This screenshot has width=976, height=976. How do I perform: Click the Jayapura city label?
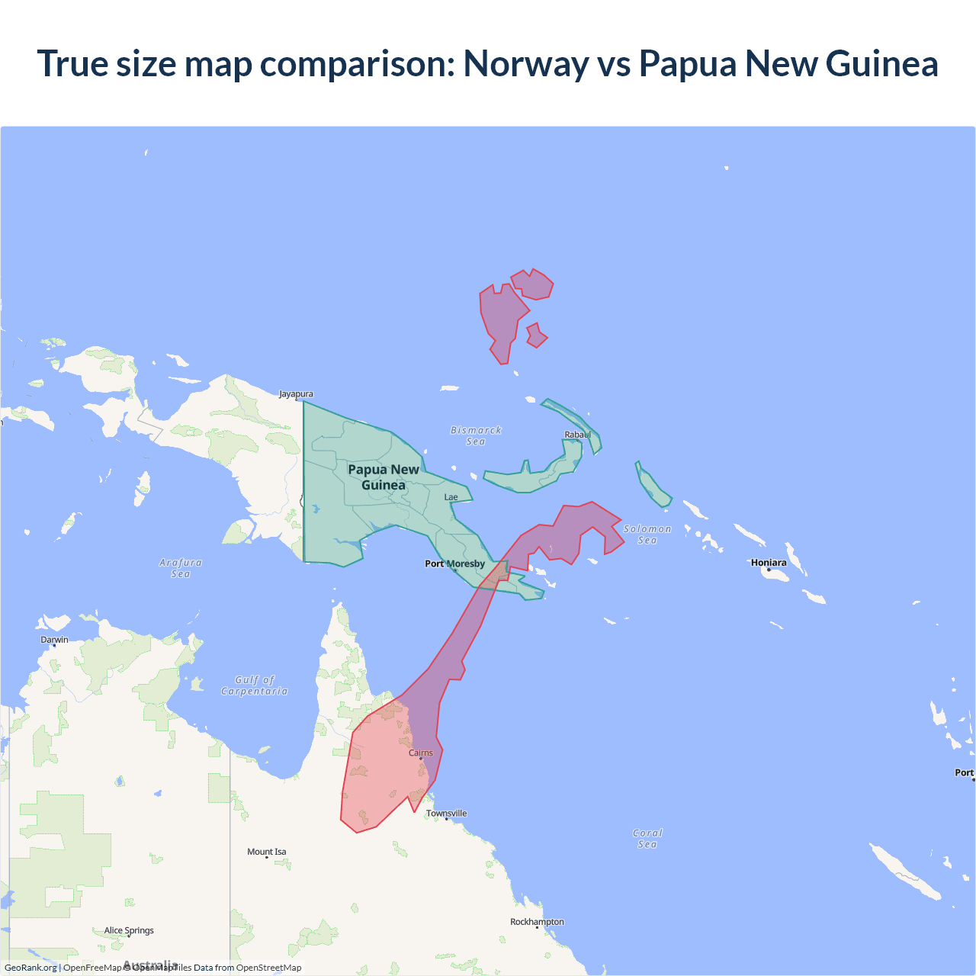coord(296,394)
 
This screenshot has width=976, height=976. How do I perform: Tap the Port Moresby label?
coord(454,563)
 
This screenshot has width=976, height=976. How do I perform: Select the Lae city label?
coord(451,497)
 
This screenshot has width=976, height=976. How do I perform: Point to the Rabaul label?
coord(577,435)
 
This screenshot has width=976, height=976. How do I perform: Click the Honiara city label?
coord(769,563)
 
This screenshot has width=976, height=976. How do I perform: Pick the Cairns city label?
coord(421,753)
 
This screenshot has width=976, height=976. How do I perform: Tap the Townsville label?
coord(447,814)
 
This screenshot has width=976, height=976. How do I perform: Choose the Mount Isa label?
coord(267,852)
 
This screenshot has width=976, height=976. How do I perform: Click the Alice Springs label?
coord(129,930)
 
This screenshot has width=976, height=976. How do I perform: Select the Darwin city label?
coord(54,640)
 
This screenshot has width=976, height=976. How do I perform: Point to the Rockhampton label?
coord(537,922)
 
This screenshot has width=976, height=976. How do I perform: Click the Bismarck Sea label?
coord(476,435)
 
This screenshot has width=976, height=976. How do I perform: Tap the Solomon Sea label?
coord(647,534)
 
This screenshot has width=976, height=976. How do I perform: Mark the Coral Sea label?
coord(647,838)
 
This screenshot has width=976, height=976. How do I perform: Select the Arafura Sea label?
coord(181,568)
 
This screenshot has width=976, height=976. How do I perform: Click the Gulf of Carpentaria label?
coord(255,685)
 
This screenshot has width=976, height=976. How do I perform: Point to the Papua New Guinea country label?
coord(384,477)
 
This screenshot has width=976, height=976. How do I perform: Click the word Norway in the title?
coord(526,63)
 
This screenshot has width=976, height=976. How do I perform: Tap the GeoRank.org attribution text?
coord(30,968)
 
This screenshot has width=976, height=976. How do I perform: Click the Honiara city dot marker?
coord(769,570)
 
